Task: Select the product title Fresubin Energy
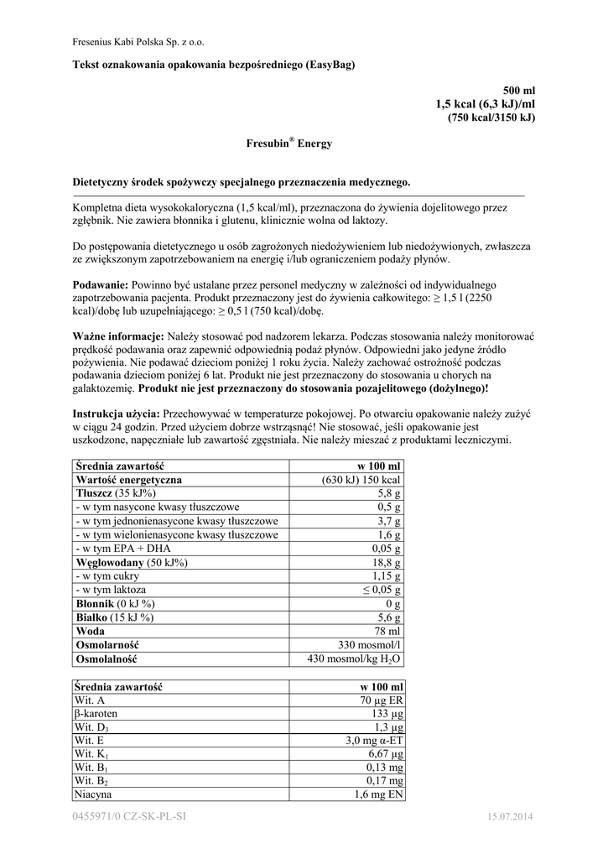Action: point(288,143)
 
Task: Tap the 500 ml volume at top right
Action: point(518,90)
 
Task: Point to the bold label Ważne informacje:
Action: point(113,336)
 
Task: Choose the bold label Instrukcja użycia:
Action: point(117,414)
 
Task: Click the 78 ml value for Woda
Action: point(389,631)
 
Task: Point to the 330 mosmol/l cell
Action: point(368,644)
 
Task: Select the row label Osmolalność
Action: point(107,659)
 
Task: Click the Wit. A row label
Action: point(90,700)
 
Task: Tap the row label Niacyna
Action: point(93,794)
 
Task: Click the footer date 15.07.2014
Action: point(510,816)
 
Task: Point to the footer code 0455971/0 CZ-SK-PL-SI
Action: point(129,816)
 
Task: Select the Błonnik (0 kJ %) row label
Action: point(114,603)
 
